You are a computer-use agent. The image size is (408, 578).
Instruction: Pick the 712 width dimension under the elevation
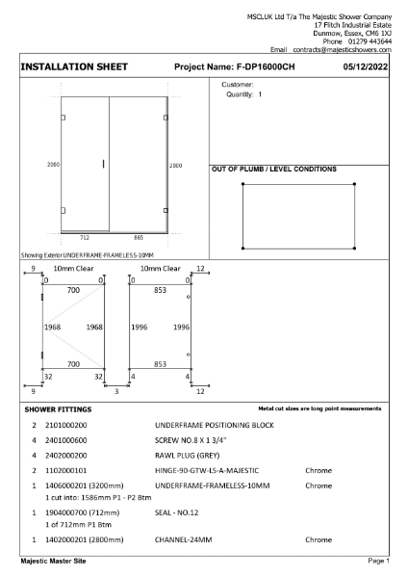(x=84, y=237)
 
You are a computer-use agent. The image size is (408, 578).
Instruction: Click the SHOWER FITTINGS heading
(x=57, y=409)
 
